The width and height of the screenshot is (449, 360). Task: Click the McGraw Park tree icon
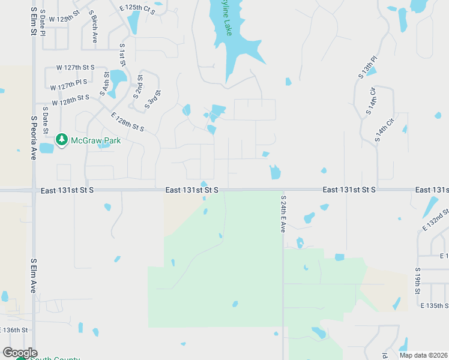coord(61,140)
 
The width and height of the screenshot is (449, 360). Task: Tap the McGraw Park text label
coord(96,141)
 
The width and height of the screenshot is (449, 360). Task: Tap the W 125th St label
coord(64,19)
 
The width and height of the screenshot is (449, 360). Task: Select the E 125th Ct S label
coord(137,9)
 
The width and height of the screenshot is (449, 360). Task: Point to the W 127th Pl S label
coord(68,85)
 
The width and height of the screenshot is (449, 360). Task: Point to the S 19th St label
coord(417,281)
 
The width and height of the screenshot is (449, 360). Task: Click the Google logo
coord(20,353)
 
